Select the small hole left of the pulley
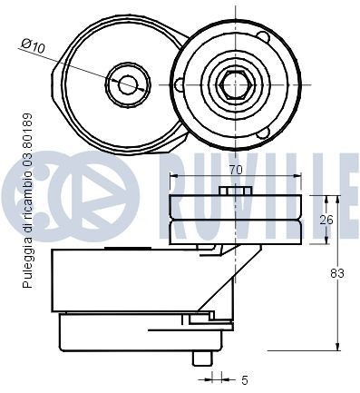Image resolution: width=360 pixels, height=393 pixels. [180, 85]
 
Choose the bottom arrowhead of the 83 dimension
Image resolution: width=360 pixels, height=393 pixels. [338, 346]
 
